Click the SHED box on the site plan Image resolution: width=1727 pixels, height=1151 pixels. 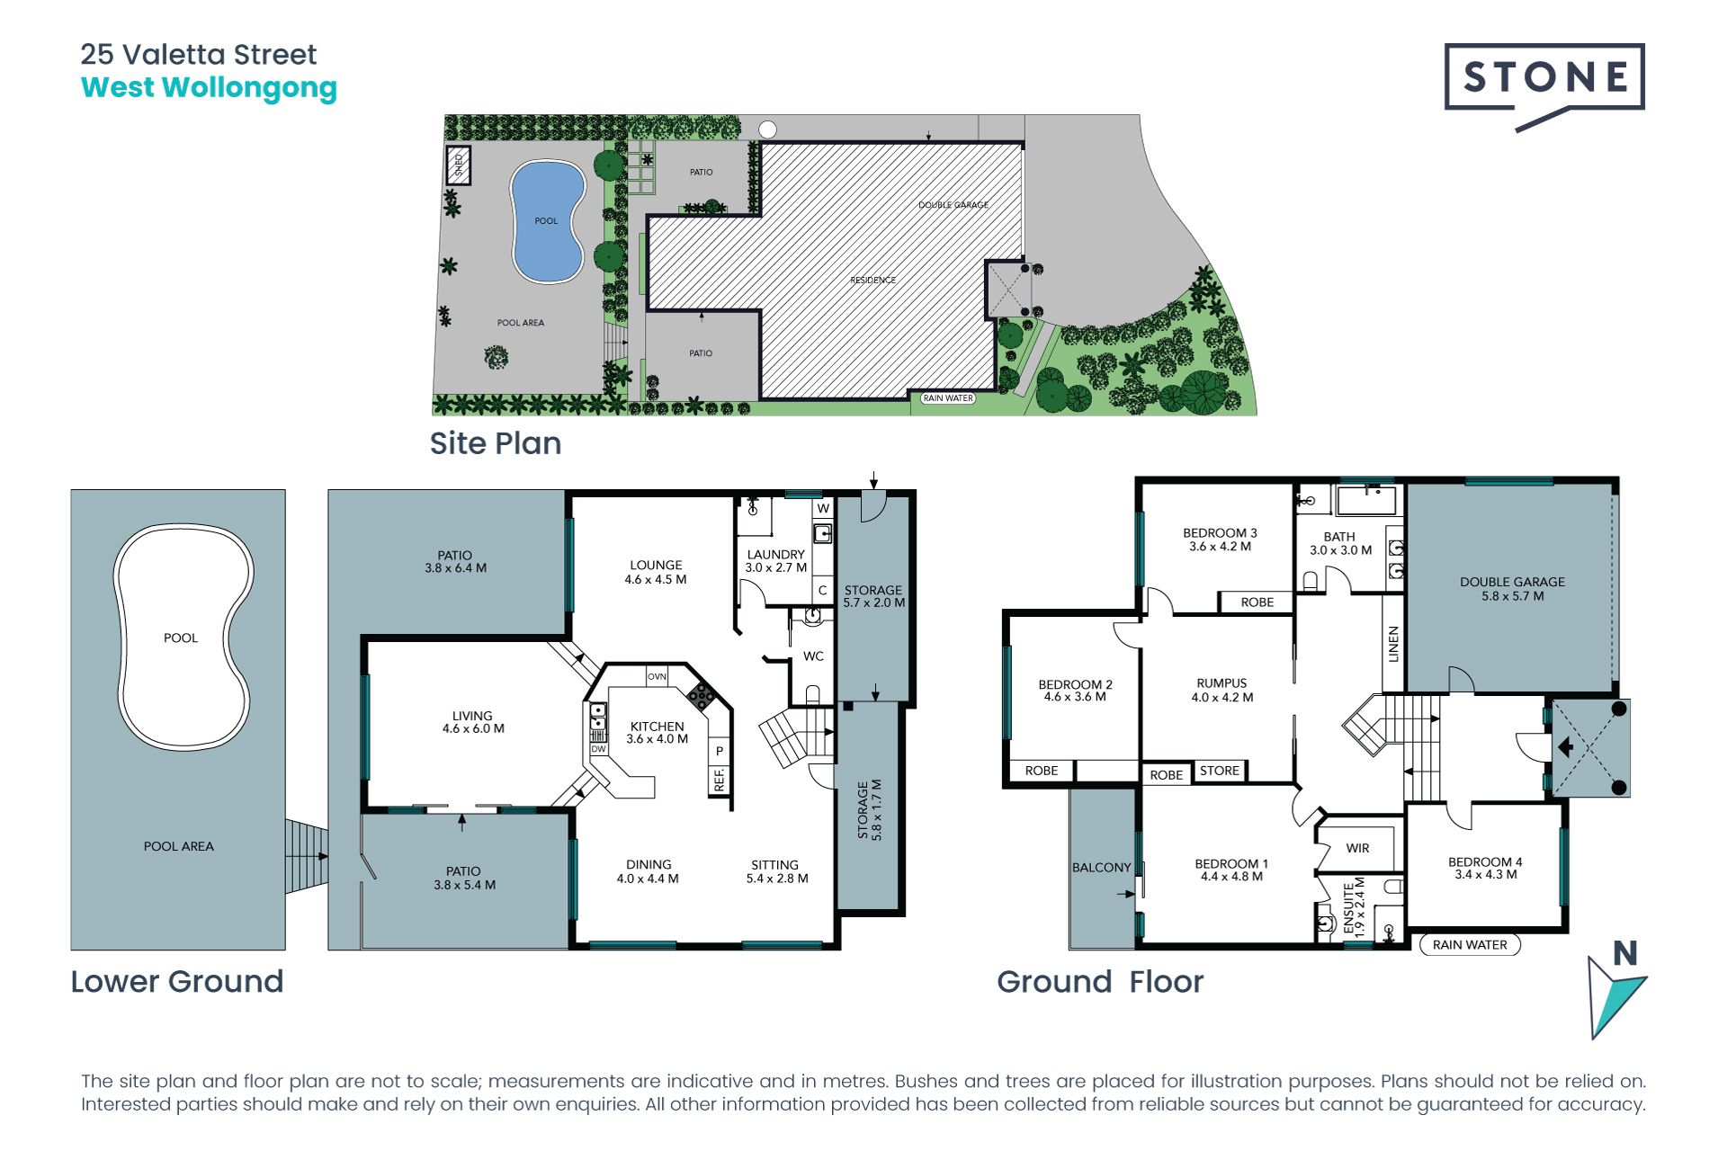459,165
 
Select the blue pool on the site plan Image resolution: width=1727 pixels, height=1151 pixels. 547,221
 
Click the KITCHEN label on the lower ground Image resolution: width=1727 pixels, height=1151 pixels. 657,727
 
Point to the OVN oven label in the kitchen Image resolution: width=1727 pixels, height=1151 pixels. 658,676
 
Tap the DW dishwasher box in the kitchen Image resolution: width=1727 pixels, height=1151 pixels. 598,748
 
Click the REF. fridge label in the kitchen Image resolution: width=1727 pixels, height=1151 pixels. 720,779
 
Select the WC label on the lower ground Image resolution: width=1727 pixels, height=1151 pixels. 813,656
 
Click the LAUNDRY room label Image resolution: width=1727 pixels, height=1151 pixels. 775,555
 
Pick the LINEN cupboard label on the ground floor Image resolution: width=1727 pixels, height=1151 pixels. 1394,644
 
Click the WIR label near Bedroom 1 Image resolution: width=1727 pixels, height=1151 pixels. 1358,848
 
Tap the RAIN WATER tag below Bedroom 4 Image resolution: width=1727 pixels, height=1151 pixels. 1470,945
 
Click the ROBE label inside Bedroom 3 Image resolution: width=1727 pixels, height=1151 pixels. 1257,602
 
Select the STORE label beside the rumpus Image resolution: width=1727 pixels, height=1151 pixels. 1220,771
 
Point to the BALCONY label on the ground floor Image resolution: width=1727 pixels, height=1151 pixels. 1101,868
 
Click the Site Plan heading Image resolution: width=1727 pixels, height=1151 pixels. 496,443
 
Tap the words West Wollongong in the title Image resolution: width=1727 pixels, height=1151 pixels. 209,88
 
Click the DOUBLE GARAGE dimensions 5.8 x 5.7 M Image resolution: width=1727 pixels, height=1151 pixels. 1513,596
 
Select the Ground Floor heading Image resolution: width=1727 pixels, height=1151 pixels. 1100,982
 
